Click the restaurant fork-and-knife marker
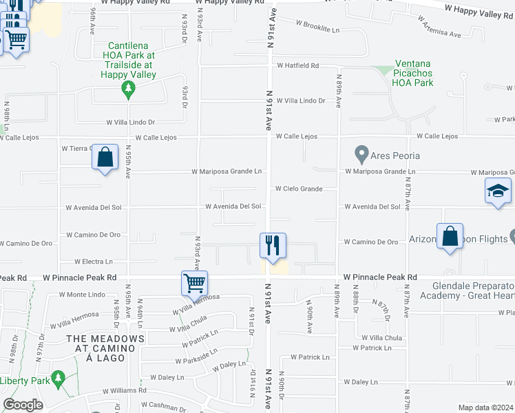273,246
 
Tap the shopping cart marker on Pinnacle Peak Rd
195,282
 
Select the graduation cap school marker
498,191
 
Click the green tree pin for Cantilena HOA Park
127,88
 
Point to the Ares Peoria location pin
360,153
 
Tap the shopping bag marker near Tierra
105,158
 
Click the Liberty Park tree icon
59,377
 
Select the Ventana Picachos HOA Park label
412,77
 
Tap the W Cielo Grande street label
298,189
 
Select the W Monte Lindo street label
81,294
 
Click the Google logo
23,405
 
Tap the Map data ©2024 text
485,407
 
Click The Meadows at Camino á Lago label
105,345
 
